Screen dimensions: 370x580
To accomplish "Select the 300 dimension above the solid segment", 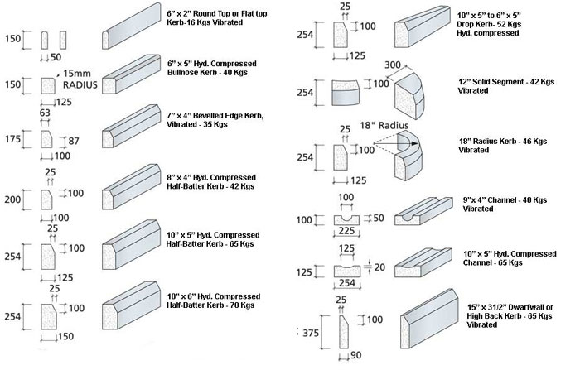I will pyautogui.click(x=392, y=64).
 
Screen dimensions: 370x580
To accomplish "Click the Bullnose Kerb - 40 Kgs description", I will pyautogui.click(x=212, y=69).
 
